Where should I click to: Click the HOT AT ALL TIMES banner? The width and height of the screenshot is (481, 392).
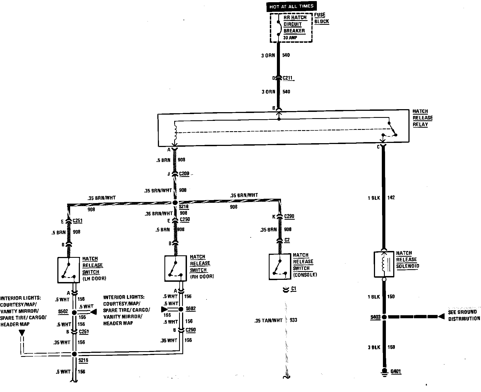pyautogui.click(x=291, y=7)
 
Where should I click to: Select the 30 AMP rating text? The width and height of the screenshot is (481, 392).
pyautogui.click(x=290, y=38)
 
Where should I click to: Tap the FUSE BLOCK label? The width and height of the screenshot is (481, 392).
pyautogui.click(x=322, y=18)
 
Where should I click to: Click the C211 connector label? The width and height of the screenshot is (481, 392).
pyautogui.click(x=288, y=78)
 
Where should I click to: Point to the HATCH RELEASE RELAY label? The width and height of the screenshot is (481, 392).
pyautogui.click(x=422, y=118)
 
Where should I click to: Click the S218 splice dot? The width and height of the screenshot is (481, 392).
pyautogui.click(x=175, y=203)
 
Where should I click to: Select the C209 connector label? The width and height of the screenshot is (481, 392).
pyautogui.click(x=184, y=174)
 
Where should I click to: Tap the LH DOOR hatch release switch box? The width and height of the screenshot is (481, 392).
pyautogui.click(x=68, y=270)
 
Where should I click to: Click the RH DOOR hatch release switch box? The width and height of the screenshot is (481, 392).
pyautogui.click(x=176, y=268)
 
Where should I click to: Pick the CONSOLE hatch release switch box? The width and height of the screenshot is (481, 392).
pyautogui.click(x=280, y=267)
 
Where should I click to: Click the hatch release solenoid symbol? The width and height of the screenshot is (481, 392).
pyautogui.click(x=384, y=264)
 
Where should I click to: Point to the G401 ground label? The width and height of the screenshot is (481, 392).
pyautogui.click(x=395, y=372)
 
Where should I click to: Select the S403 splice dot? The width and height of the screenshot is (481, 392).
pyautogui.click(x=384, y=317)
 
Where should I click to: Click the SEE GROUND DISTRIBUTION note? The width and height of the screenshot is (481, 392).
pyautogui.click(x=464, y=315)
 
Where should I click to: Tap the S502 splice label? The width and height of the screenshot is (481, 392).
pyautogui.click(x=63, y=311)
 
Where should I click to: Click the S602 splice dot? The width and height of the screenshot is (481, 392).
pyautogui.click(x=181, y=309)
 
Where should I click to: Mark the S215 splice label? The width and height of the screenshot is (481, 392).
pyautogui.click(x=83, y=360)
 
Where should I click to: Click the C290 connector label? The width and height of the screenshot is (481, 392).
pyautogui.click(x=289, y=216)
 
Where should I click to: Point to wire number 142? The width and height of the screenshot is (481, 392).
pyautogui.click(x=391, y=198)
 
